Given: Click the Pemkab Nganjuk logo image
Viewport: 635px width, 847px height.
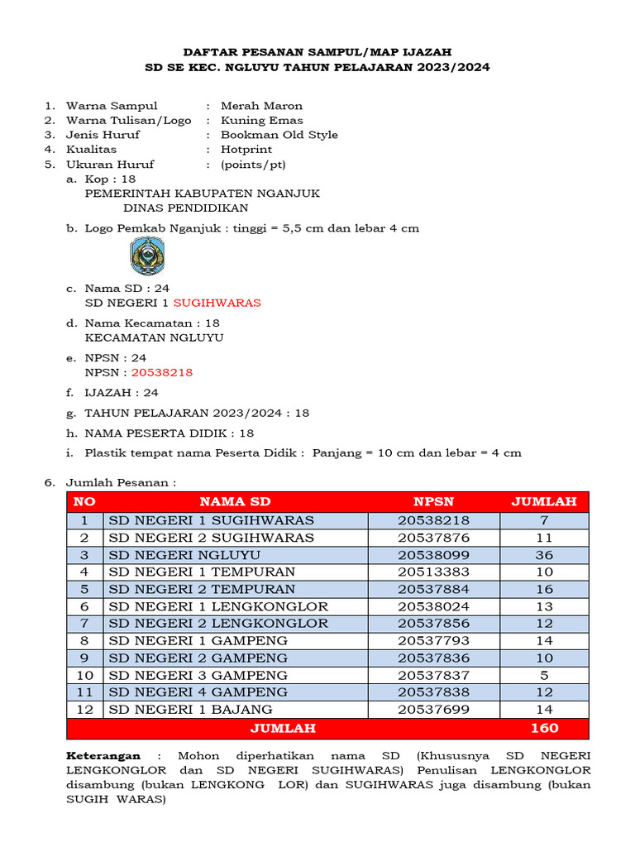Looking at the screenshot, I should [148, 256].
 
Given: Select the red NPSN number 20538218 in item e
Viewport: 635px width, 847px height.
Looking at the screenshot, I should [168, 372].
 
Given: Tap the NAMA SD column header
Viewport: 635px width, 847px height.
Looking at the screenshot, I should [234, 501].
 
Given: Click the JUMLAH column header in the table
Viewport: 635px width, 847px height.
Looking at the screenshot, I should [543, 501].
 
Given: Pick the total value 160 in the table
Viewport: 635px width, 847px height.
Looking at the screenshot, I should [544, 728].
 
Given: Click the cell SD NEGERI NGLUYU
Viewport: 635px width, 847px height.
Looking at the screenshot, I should [184, 555].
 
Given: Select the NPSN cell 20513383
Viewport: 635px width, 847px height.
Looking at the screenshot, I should [433, 572].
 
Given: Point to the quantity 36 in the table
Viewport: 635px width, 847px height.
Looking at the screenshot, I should [544, 555].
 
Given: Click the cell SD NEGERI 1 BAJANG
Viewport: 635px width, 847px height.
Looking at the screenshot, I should [190, 709].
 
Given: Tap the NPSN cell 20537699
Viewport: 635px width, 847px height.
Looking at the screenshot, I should [433, 709].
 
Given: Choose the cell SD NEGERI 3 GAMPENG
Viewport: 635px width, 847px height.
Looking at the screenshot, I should [198, 675].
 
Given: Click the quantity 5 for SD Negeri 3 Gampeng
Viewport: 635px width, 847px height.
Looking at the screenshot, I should [544, 675].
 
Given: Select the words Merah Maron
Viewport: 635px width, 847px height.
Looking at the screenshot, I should [261, 106].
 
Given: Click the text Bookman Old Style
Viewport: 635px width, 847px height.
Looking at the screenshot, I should [279, 135].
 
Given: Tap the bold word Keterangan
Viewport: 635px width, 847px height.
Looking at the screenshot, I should [103, 756].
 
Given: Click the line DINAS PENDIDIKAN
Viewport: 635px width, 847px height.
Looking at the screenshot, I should [186, 208].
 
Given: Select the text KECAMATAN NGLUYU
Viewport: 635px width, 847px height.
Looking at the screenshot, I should [154, 337].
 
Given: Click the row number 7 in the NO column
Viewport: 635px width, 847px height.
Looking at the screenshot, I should [84, 623].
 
